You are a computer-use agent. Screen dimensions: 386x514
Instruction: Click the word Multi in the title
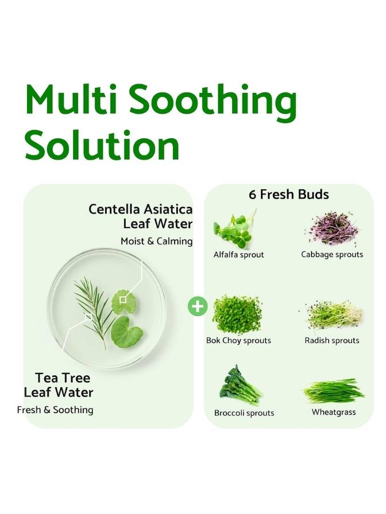point(71,99)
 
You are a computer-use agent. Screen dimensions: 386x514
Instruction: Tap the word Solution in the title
point(102,145)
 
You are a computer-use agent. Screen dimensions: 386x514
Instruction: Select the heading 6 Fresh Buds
point(288,194)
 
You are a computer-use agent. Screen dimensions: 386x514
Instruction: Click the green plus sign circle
point(198,307)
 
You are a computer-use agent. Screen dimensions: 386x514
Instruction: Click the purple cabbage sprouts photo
point(331,229)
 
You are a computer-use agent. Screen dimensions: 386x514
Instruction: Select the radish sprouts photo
point(331,316)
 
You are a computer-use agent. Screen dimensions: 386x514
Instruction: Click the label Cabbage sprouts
point(332,254)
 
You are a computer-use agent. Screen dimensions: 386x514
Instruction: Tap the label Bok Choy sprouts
point(238,341)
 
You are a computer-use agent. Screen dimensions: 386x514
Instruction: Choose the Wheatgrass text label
point(334,412)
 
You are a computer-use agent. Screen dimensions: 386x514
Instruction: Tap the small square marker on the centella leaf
point(123,299)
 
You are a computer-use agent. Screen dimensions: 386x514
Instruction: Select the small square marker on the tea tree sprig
point(88,317)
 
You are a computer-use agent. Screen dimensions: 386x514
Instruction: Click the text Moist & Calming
point(157,242)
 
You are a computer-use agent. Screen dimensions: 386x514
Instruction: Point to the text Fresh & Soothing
point(55,410)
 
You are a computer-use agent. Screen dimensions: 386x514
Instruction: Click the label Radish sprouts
point(332,341)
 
